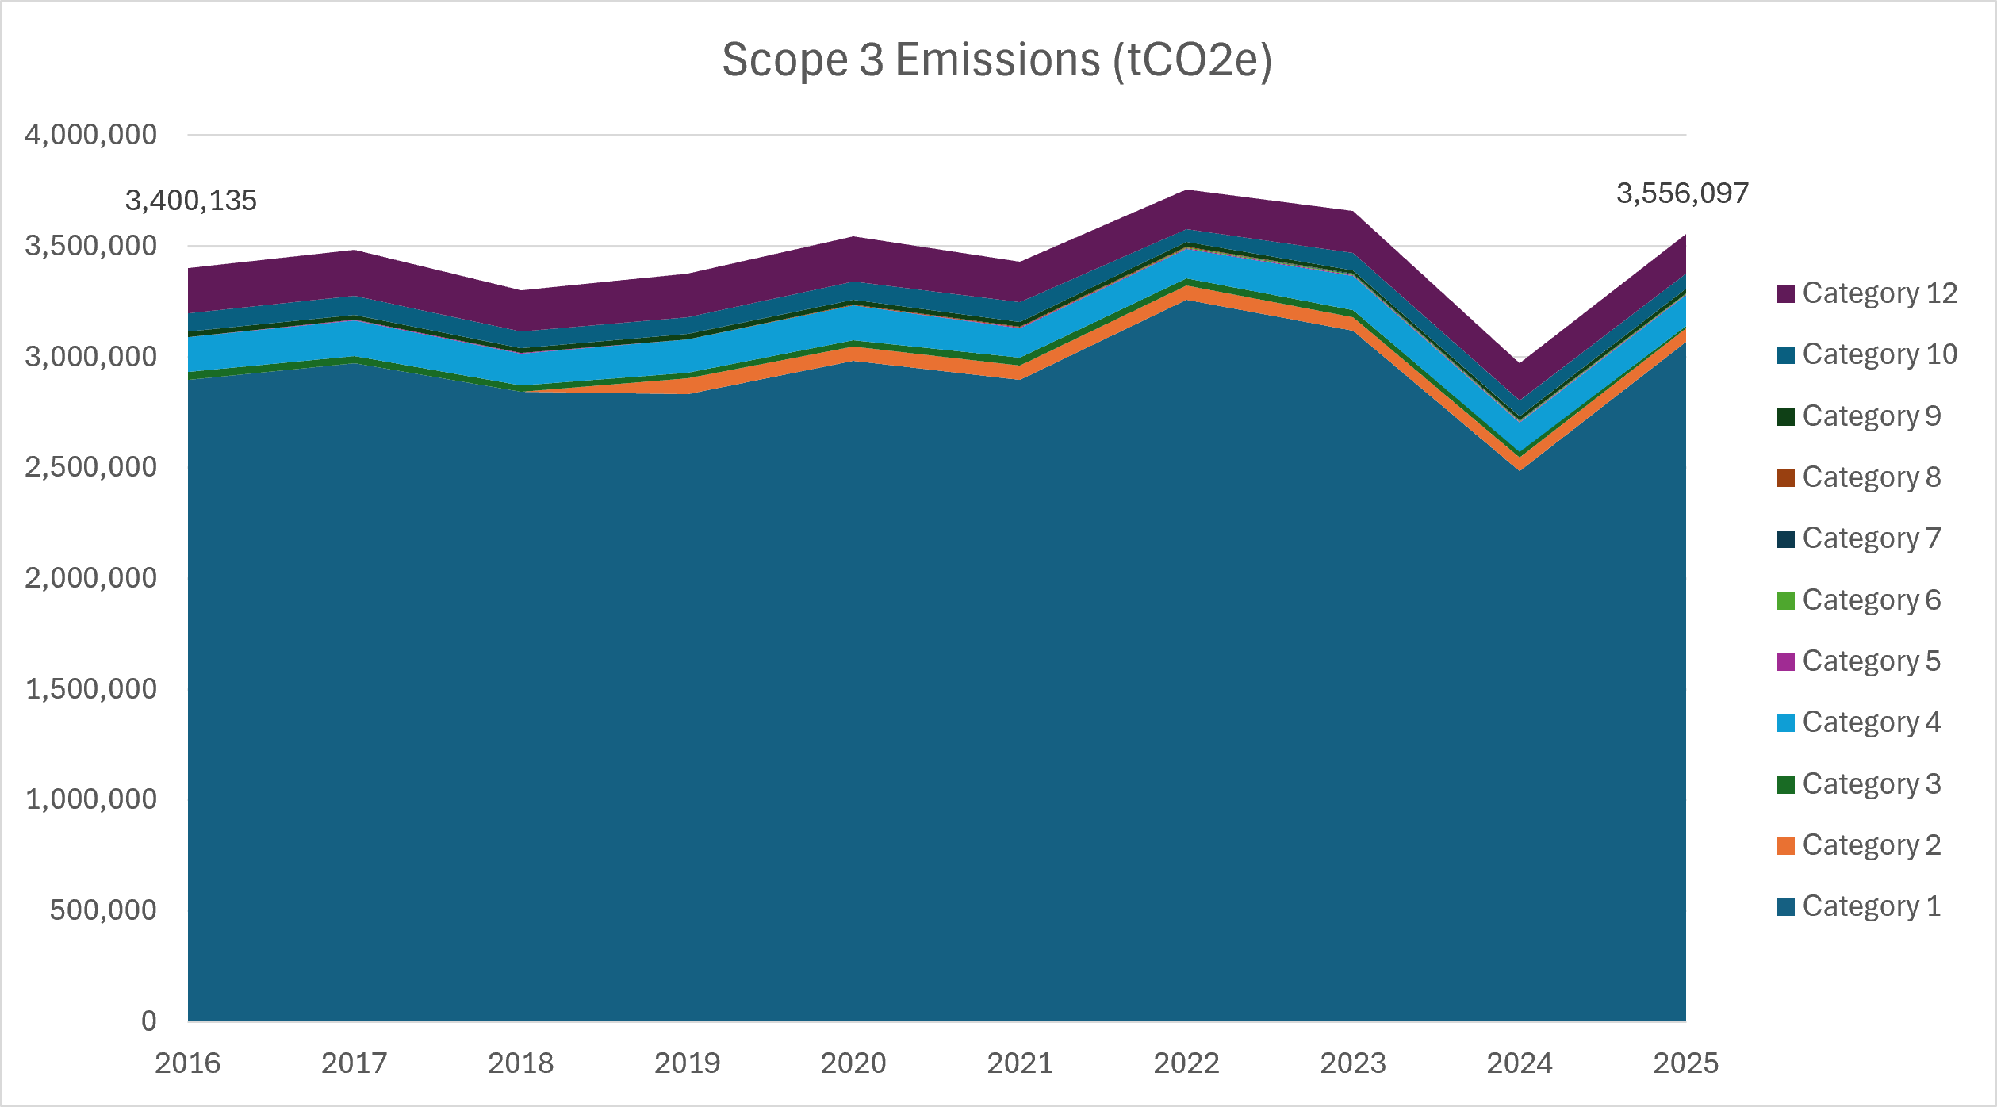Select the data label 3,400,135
[191, 201]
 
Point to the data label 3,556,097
[1682, 193]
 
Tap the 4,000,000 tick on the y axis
[91, 135]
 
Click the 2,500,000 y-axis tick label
[91, 467]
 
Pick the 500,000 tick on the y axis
[103, 910]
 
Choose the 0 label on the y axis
[149, 1021]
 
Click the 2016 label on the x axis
[188, 1063]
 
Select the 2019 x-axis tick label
[688, 1063]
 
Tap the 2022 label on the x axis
[1186, 1063]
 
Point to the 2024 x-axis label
[1520, 1063]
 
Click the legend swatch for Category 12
[1785, 293]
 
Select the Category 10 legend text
[1880, 354]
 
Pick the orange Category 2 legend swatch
[1785, 845]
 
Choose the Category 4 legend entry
[1858, 722]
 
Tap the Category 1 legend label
[1872, 906]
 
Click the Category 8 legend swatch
[1785, 477]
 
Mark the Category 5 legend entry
[1858, 661]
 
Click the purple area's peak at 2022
[1186, 190]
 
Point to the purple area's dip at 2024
[1520, 364]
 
